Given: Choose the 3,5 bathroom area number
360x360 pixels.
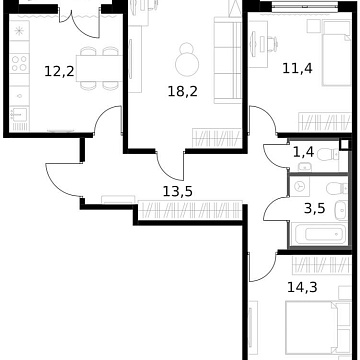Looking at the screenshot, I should pos(314,208).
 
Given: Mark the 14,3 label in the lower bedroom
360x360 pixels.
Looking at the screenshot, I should pos(299,284).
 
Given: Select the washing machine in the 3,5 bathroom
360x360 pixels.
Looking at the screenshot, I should pos(301,187).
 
